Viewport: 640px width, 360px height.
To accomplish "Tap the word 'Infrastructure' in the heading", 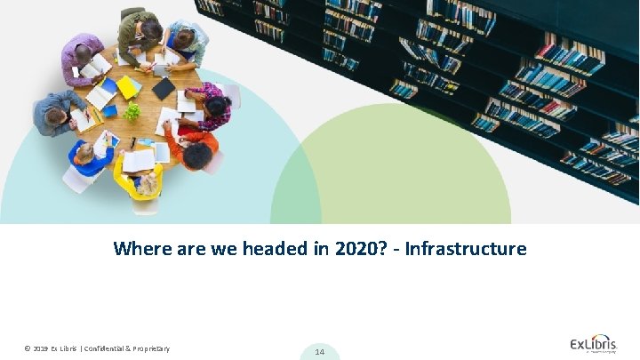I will [466, 249].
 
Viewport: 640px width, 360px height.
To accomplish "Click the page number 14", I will [320, 352].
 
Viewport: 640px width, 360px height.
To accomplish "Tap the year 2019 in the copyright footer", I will [41, 348].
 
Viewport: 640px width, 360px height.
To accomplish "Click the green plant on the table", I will [132, 111].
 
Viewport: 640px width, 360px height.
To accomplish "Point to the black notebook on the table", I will [164, 88].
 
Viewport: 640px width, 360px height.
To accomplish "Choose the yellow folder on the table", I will [128, 87].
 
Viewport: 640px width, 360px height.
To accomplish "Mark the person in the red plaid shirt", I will [212, 104].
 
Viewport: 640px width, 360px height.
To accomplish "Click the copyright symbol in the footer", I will [28, 348].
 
